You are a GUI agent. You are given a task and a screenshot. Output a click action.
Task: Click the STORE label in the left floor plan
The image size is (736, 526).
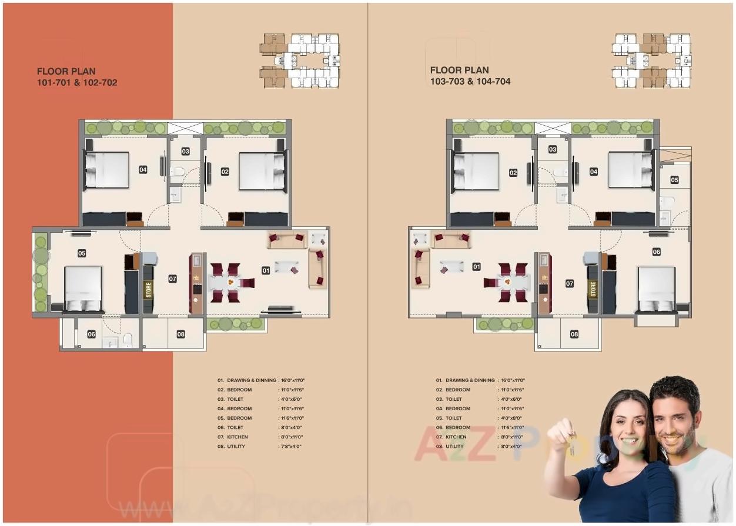pyautogui.click(x=148, y=290)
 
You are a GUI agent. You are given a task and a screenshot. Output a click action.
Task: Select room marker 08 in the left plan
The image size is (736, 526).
pyautogui.click(x=180, y=334)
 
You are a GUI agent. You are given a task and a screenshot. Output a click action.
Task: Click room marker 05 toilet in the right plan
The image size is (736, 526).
pyautogui.click(x=674, y=180)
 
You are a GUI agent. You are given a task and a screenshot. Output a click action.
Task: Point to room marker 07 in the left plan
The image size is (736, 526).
pyautogui.click(x=172, y=279)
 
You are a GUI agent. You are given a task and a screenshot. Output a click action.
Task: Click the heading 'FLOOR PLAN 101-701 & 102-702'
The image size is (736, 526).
pyautogui.click(x=76, y=77)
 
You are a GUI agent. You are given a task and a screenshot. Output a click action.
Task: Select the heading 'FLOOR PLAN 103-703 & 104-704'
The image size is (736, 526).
pyautogui.click(x=470, y=76)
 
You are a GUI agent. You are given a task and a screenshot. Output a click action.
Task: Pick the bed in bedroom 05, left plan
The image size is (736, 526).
pyautogui.click(x=83, y=289)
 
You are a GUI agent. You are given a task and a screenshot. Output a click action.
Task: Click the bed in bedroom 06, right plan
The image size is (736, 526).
pyautogui.click(x=657, y=289)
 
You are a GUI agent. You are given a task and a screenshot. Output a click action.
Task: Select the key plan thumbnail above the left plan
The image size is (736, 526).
pyautogui.click(x=300, y=61)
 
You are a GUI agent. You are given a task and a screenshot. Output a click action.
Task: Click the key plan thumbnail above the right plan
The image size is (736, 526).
pyautogui.click(x=651, y=61)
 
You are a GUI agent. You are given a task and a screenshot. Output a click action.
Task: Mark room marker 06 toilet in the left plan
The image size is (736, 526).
pyautogui.click(x=91, y=334)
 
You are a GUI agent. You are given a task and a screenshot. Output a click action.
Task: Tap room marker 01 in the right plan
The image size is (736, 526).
pyautogui.click(x=476, y=267)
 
